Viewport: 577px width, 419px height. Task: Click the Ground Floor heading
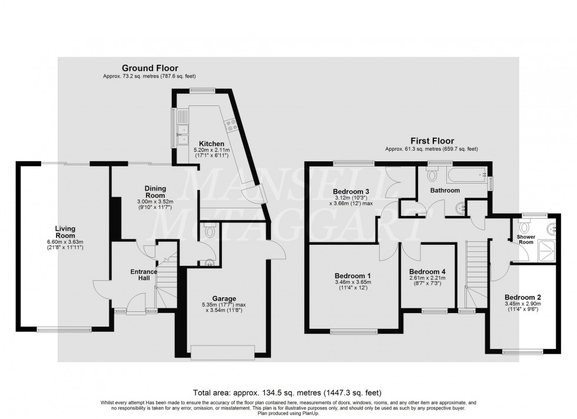[x=150, y=68]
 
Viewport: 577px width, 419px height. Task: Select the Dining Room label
[x=155, y=192]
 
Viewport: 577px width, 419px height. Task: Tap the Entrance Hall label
[x=144, y=275]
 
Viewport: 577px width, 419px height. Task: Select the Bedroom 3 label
[x=351, y=191]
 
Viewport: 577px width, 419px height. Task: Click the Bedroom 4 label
[x=426, y=271]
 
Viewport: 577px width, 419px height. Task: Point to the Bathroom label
[x=445, y=190]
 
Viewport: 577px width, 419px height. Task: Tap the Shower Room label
[x=526, y=239]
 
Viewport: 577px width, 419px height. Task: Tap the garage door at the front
[x=223, y=351]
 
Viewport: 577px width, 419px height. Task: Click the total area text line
[x=288, y=392]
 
